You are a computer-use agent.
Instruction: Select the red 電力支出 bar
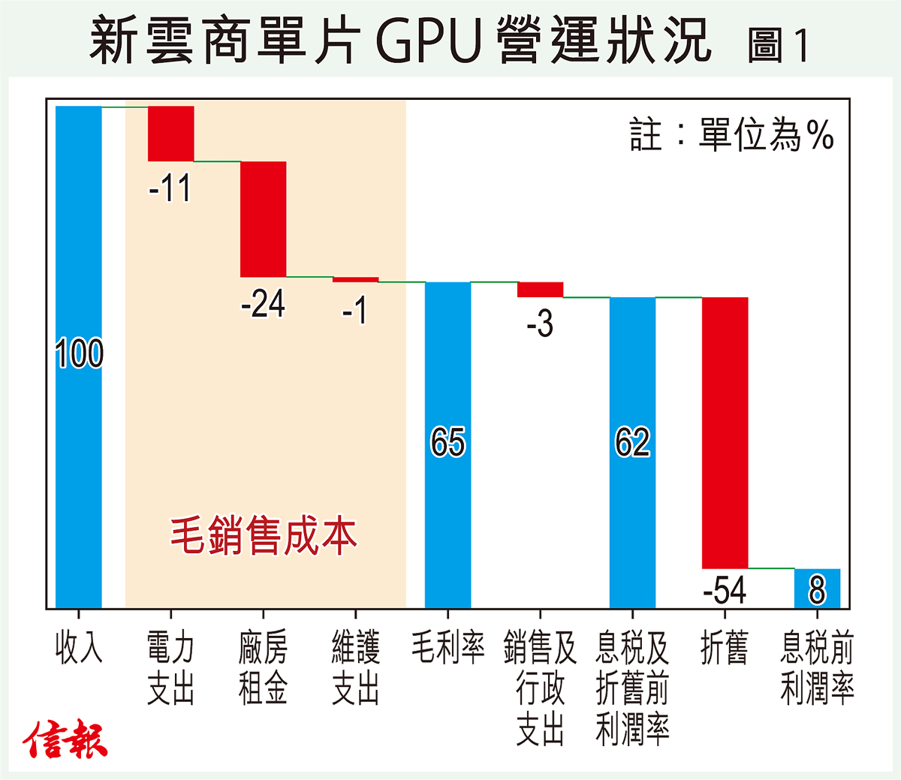tap(171, 134)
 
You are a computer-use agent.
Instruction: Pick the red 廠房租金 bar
tap(263, 219)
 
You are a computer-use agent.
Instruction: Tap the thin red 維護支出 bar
tap(355, 280)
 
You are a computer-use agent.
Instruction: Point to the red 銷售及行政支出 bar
tap(540, 290)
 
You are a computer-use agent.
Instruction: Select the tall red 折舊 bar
tap(725, 432)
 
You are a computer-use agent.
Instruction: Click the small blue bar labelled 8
tap(817, 589)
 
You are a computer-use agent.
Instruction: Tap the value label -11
tap(170, 188)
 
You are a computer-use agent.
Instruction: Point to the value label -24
tap(263, 304)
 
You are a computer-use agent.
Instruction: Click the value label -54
tap(725, 591)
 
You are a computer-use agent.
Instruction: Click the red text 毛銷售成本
tap(264, 535)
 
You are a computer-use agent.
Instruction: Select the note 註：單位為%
tap(732, 136)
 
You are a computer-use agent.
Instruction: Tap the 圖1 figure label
tap(778, 45)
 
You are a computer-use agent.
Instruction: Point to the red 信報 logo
tap(65, 739)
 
